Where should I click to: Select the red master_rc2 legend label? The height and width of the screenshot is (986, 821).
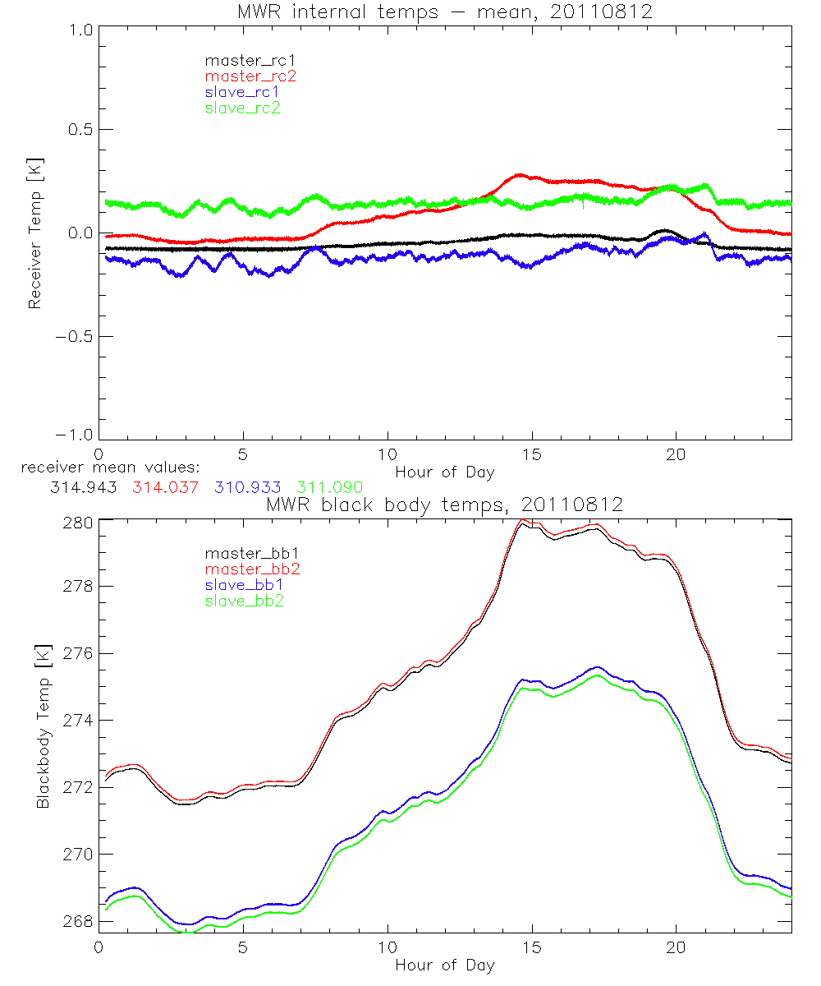[250, 76]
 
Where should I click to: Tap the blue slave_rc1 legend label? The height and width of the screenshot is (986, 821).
[242, 91]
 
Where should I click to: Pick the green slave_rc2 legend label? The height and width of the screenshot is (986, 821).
[242, 107]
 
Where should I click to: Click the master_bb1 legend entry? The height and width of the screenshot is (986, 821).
[245, 554]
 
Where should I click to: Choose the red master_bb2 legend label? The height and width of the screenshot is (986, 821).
[245, 569]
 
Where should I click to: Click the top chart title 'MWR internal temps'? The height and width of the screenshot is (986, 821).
[444, 12]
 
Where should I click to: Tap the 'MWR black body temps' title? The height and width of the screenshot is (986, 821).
[444, 505]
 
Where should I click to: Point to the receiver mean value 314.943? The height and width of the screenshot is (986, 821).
[82, 488]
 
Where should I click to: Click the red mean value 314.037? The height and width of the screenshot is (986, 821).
[164, 488]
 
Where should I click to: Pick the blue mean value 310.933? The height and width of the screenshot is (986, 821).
[246, 488]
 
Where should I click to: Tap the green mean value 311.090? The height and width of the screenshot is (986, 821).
[328, 488]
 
